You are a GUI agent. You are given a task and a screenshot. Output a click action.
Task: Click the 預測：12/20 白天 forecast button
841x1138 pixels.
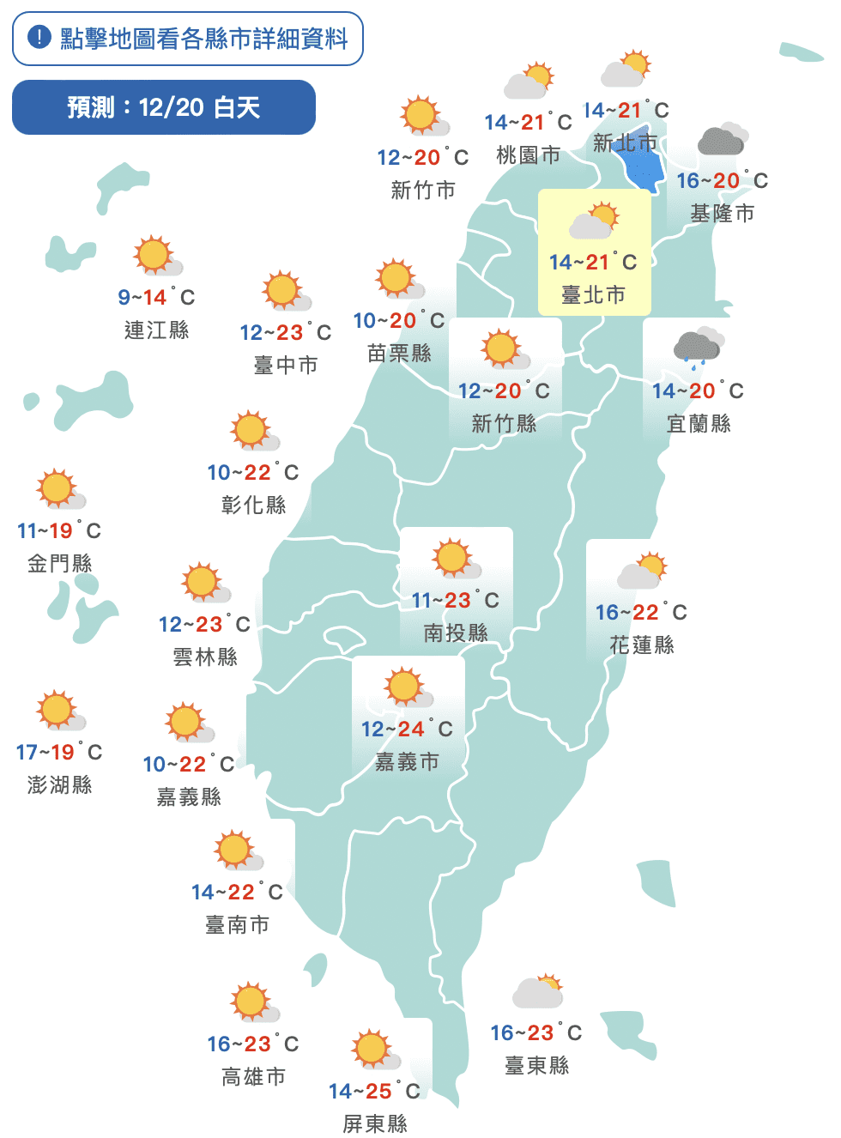pyautogui.click(x=164, y=107)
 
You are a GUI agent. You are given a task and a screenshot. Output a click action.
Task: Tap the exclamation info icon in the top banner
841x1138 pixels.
pyautogui.click(x=39, y=38)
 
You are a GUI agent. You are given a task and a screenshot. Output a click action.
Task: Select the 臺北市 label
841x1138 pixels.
pyautogui.click(x=593, y=295)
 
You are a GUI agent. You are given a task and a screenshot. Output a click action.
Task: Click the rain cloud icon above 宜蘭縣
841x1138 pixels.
pyautogui.click(x=699, y=346)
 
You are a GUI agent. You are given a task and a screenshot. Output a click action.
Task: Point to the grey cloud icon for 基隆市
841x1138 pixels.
pyautogui.click(x=722, y=139)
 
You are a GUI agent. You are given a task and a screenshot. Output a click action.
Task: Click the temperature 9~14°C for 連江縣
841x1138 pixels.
pyautogui.click(x=156, y=297)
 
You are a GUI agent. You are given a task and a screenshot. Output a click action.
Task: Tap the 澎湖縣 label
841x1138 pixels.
pyautogui.click(x=59, y=784)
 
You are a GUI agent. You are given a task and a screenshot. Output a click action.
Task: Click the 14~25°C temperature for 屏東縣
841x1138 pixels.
pyautogui.click(x=374, y=1091)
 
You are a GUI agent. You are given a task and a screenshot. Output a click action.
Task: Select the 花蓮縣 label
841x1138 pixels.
pyautogui.click(x=642, y=645)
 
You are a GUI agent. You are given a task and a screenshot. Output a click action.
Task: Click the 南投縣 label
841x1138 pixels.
pyautogui.click(x=456, y=633)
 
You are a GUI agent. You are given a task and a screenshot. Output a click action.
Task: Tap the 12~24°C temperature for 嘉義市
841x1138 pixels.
pyautogui.click(x=407, y=729)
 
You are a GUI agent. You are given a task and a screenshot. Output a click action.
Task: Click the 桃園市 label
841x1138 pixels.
pyautogui.click(x=528, y=155)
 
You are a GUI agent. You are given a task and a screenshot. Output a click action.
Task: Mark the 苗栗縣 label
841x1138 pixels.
pyautogui.click(x=399, y=353)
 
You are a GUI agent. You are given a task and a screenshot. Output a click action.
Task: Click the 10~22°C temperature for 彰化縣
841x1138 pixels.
pyautogui.click(x=253, y=472)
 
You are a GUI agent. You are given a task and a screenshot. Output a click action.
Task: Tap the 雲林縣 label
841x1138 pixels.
pyautogui.click(x=205, y=657)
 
